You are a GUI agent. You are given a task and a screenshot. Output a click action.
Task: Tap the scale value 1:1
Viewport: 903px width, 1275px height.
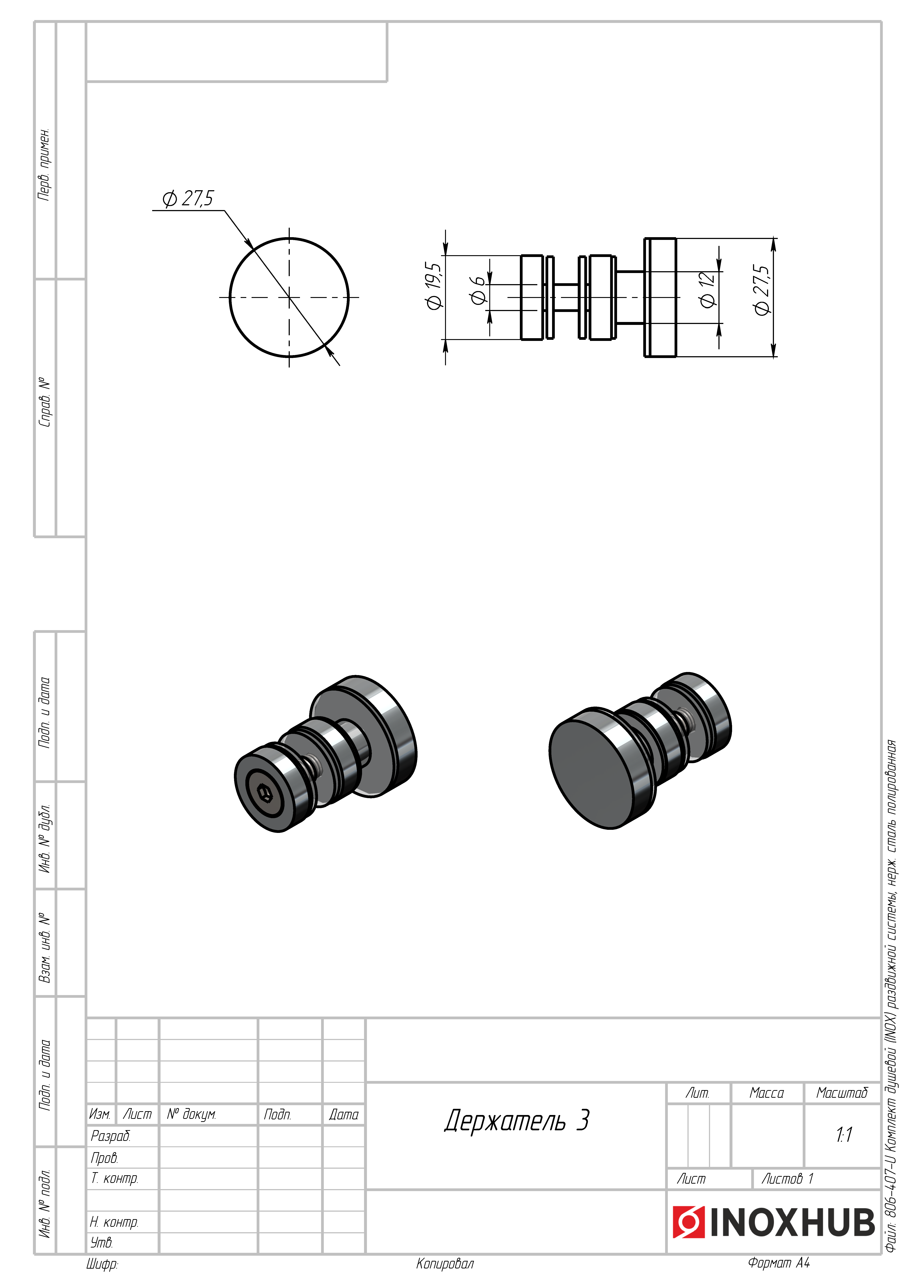[x=843, y=1134]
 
